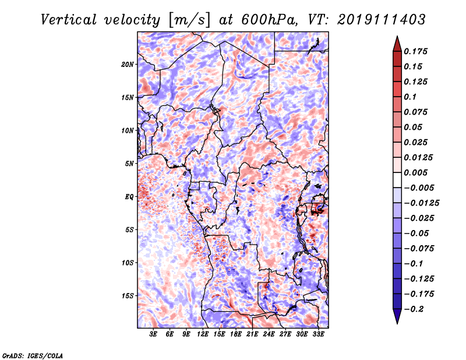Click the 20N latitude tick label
[128, 64]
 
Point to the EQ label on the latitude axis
[129, 197]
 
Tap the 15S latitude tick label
[128, 296]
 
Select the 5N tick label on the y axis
[130, 164]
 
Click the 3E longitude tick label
[154, 335]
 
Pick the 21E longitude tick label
[252, 335]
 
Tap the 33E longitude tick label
[318, 335]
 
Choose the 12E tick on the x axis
[203, 335]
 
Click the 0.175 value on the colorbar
[416, 52]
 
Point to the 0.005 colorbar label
[416, 173]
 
